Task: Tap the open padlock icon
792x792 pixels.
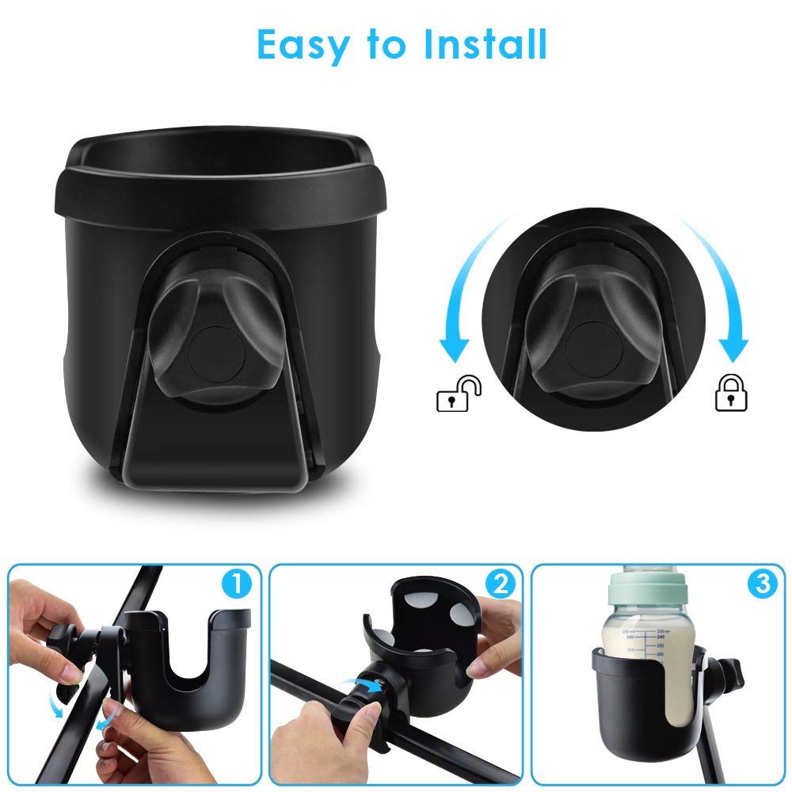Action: [x=459, y=394]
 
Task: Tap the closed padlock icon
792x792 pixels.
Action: [x=731, y=394]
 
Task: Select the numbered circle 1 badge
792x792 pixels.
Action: [x=235, y=585]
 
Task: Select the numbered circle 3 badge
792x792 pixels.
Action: [x=760, y=585]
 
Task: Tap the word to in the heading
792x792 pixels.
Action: [x=386, y=46]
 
